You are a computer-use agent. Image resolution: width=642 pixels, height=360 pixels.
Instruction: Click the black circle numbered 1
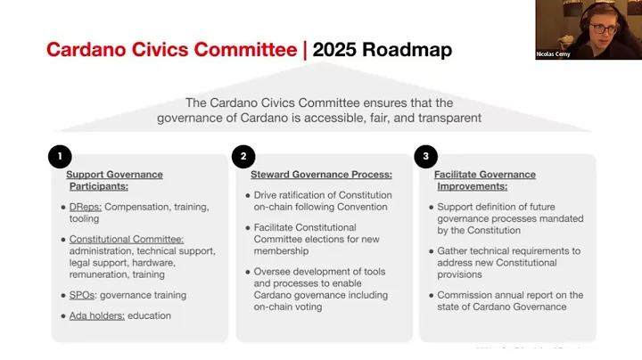pyautogui.click(x=59, y=157)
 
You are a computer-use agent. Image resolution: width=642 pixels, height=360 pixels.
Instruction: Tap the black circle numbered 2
pyautogui.click(x=243, y=157)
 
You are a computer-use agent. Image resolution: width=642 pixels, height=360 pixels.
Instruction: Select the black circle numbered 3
pyautogui.click(x=426, y=157)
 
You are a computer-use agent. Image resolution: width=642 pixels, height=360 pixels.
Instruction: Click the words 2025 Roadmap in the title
pyautogui.click(x=383, y=49)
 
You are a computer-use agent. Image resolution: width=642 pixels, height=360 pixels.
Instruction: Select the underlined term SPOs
pyautogui.click(x=84, y=295)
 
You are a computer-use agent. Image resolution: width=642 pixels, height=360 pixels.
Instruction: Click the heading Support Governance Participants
pyautogui.click(x=114, y=180)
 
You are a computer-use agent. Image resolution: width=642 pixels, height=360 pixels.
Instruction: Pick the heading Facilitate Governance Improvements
pyautogui.click(x=486, y=180)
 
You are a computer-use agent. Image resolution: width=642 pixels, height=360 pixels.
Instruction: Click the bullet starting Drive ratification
pyautogui.click(x=322, y=200)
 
